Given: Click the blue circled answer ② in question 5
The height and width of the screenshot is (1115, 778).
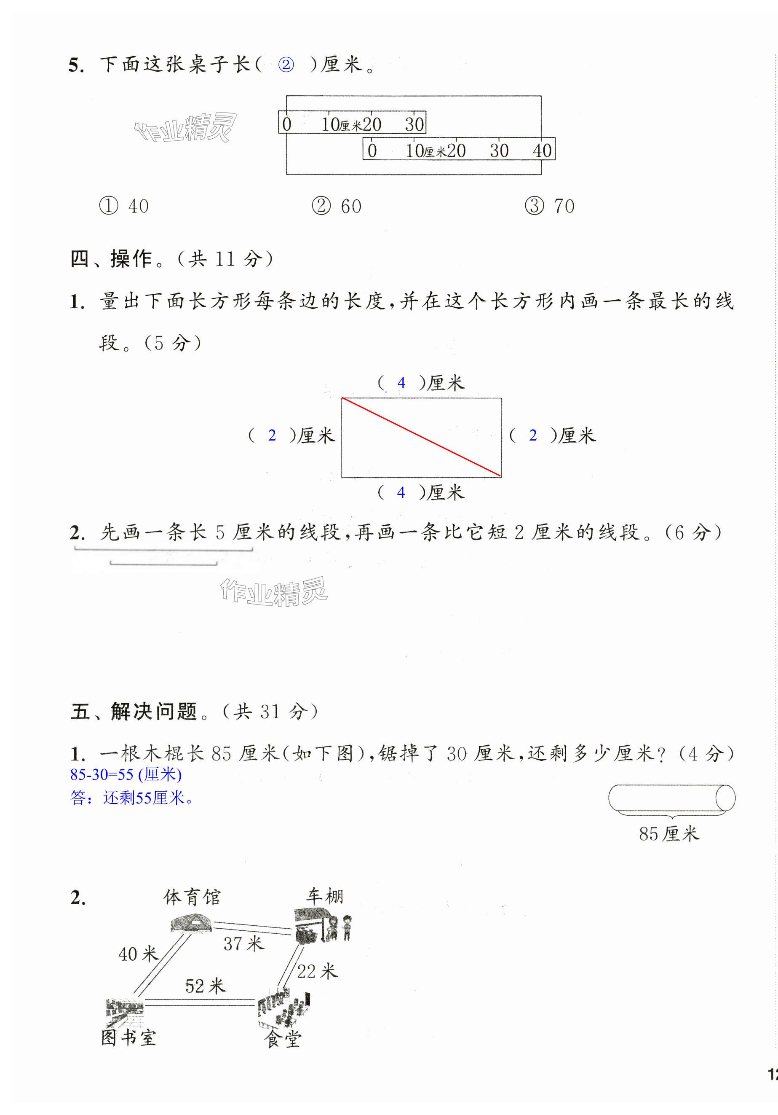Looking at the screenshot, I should tap(286, 64).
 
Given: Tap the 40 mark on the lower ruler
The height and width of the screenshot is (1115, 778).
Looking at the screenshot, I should tap(542, 150).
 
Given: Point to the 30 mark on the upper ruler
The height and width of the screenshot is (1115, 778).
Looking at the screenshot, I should tap(414, 124).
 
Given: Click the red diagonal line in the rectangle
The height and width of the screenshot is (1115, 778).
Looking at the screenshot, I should tap(421, 437).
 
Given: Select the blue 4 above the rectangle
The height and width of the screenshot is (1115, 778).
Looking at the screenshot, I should tap(401, 383).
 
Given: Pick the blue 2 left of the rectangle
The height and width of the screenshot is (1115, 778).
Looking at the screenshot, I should tap(272, 435).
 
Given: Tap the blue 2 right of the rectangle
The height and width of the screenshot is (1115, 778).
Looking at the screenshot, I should tap(532, 435).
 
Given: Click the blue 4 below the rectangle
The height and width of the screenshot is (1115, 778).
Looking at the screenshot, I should tap(401, 492).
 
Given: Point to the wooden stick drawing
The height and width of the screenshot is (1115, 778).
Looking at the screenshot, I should tap(671, 798).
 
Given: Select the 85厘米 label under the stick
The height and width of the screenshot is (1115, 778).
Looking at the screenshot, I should tap(669, 834).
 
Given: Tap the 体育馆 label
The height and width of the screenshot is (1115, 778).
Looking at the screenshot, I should tap(192, 897).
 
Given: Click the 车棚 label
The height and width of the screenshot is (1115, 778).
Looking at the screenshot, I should tap(324, 896).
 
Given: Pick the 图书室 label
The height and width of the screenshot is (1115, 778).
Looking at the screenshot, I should tap(128, 1038).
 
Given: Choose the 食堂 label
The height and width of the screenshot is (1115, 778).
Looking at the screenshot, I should tap(283, 1039).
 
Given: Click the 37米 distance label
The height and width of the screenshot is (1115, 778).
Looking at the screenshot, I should tap(243, 943).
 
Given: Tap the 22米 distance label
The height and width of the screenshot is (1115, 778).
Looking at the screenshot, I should tap(317, 971).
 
